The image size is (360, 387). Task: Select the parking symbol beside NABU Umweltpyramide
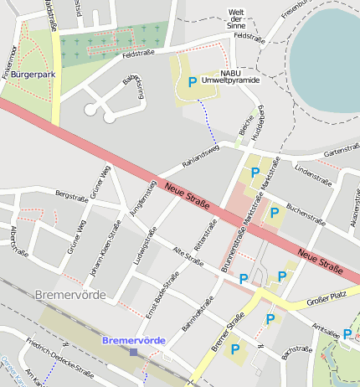click(x=193, y=82)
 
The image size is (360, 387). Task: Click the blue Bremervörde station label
click(x=133, y=340)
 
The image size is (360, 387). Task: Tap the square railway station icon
click(x=133, y=353)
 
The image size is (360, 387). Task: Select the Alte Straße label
click(x=188, y=257)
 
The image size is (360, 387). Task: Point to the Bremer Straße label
click(x=227, y=331)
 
